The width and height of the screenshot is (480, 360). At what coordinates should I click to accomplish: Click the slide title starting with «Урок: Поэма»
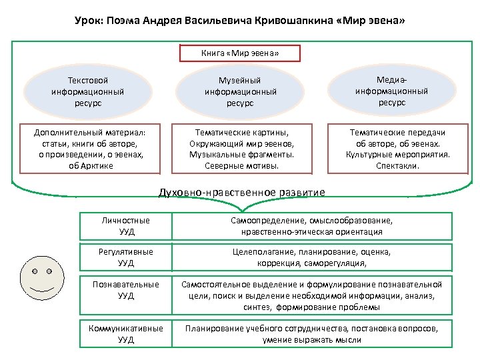pyautogui.click(x=240, y=21)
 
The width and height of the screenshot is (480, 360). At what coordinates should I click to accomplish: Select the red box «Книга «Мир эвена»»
pyautogui.click(x=240, y=53)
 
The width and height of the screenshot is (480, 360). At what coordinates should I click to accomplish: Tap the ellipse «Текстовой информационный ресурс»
pyautogui.click(x=87, y=91)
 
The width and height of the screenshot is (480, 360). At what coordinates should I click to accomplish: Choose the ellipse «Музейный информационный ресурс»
pyautogui.click(x=240, y=91)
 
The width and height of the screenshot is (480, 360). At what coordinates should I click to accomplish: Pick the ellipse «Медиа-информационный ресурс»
pyautogui.click(x=392, y=91)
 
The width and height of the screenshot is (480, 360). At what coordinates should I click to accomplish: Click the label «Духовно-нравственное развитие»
pyautogui.click(x=241, y=193)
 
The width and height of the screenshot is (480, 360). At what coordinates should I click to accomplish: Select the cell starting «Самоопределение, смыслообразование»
pyautogui.click(x=311, y=226)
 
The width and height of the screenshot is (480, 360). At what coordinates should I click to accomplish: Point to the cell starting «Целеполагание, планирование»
pyautogui.click(x=311, y=257)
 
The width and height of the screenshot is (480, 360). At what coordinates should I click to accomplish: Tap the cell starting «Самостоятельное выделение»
pyautogui.click(x=311, y=295)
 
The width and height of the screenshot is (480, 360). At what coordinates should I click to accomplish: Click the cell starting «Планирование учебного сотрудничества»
pyautogui.click(x=311, y=334)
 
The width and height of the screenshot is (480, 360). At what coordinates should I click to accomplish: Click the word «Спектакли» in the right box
pyautogui.click(x=397, y=165)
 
